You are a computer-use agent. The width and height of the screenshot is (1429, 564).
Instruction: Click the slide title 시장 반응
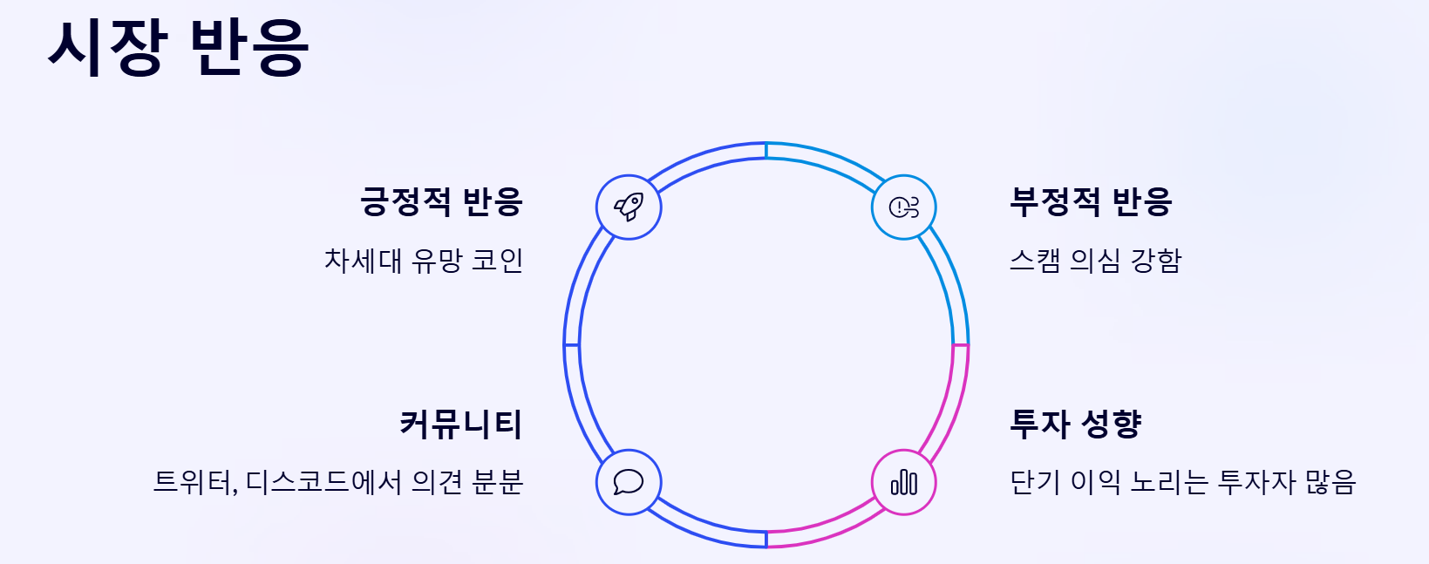click(179, 47)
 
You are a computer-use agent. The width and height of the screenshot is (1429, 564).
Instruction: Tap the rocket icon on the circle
click(629, 207)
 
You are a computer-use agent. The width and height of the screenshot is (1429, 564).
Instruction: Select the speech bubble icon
click(629, 482)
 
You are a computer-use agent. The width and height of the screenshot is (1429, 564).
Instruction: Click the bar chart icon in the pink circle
click(904, 482)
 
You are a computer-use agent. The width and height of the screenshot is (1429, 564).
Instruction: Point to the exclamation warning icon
click(903, 207)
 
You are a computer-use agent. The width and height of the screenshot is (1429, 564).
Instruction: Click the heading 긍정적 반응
click(441, 201)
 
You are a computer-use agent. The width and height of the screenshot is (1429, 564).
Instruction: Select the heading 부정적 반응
click(1091, 201)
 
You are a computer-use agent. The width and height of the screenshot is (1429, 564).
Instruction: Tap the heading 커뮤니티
click(460, 425)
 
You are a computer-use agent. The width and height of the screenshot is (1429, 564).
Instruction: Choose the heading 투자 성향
click(1075, 425)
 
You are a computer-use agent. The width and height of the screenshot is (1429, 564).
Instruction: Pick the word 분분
click(497, 482)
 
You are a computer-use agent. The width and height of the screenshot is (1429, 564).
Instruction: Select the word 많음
click(1330, 482)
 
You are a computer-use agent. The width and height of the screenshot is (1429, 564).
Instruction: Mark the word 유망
click(437, 260)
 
